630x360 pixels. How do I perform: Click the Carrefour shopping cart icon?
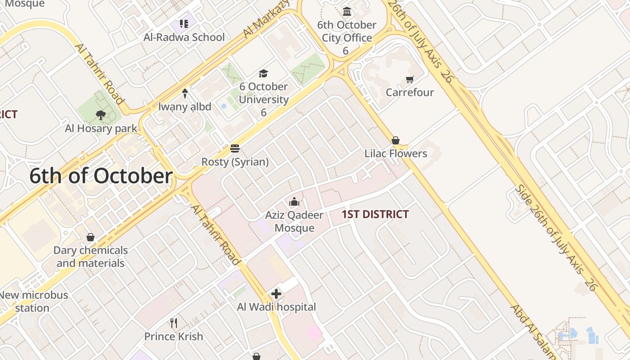tap(409, 80)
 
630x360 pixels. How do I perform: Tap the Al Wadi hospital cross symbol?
tap(276, 294)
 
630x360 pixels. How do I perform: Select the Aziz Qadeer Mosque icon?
tap(294, 202)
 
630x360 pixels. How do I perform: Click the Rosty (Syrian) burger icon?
tap(234, 148)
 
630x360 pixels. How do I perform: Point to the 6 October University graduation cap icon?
tap(263, 73)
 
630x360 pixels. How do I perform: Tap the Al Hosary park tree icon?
tap(101, 115)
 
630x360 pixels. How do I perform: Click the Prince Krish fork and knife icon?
tap(174, 323)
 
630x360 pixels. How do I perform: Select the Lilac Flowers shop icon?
tap(396, 140)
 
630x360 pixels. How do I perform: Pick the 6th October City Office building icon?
tap(347, 11)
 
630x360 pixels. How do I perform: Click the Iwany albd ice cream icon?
tap(184, 93)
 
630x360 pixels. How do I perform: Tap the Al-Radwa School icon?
tap(184, 23)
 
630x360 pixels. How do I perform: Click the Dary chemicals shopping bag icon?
tap(90, 237)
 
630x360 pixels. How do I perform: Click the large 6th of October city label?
tap(101, 176)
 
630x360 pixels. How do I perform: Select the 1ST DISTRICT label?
tap(375, 214)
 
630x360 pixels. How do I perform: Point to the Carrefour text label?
tap(409, 92)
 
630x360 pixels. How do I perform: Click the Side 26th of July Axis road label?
tap(556, 237)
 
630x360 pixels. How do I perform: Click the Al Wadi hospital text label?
tap(276, 307)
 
